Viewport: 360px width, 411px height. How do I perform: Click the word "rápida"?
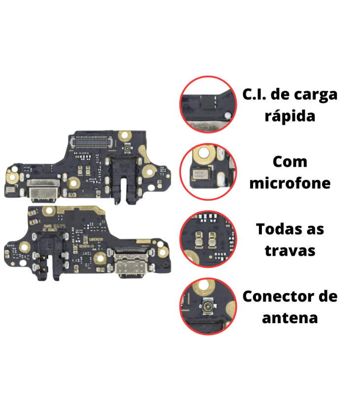[290, 117]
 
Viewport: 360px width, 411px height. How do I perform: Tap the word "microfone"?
[290, 183]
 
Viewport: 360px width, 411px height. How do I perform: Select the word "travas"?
[290, 250]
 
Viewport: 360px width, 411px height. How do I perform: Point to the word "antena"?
[290, 317]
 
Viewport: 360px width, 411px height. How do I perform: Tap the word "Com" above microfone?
[290, 162]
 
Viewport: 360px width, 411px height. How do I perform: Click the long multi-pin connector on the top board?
[93, 142]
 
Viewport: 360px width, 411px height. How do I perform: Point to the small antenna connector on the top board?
[127, 148]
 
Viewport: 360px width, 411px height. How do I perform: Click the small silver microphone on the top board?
[10, 189]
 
